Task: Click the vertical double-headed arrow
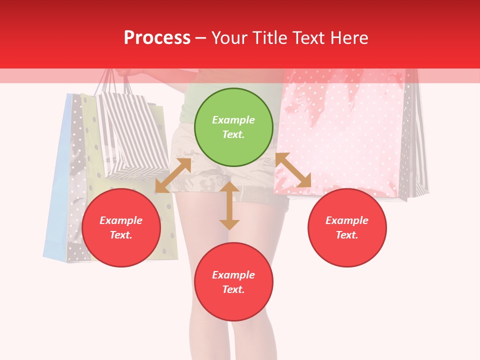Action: pyautogui.click(x=229, y=205)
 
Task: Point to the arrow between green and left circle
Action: pyautogui.click(x=173, y=175)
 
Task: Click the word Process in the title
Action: pyautogui.click(x=157, y=37)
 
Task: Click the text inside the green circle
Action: pyautogui.click(x=233, y=127)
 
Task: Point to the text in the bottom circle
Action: pyautogui.click(x=233, y=282)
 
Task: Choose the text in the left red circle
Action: pyautogui.click(x=121, y=227)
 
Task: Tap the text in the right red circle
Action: pyautogui.click(x=347, y=227)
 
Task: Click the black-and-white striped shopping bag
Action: pyautogui.click(x=132, y=135)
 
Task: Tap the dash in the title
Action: pyautogui.click(x=201, y=37)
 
